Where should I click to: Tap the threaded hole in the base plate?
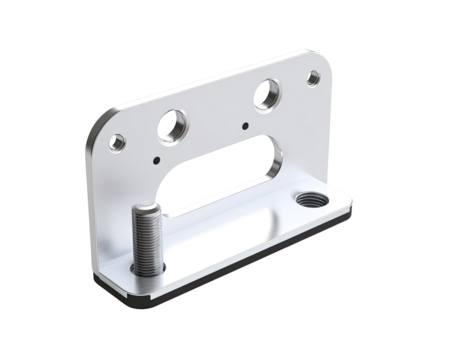(305, 197)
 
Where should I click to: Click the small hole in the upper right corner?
(315, 76)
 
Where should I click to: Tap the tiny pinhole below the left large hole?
(157, 156)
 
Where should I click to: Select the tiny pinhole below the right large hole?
(246, 126)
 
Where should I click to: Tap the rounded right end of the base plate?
(353, 210)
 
